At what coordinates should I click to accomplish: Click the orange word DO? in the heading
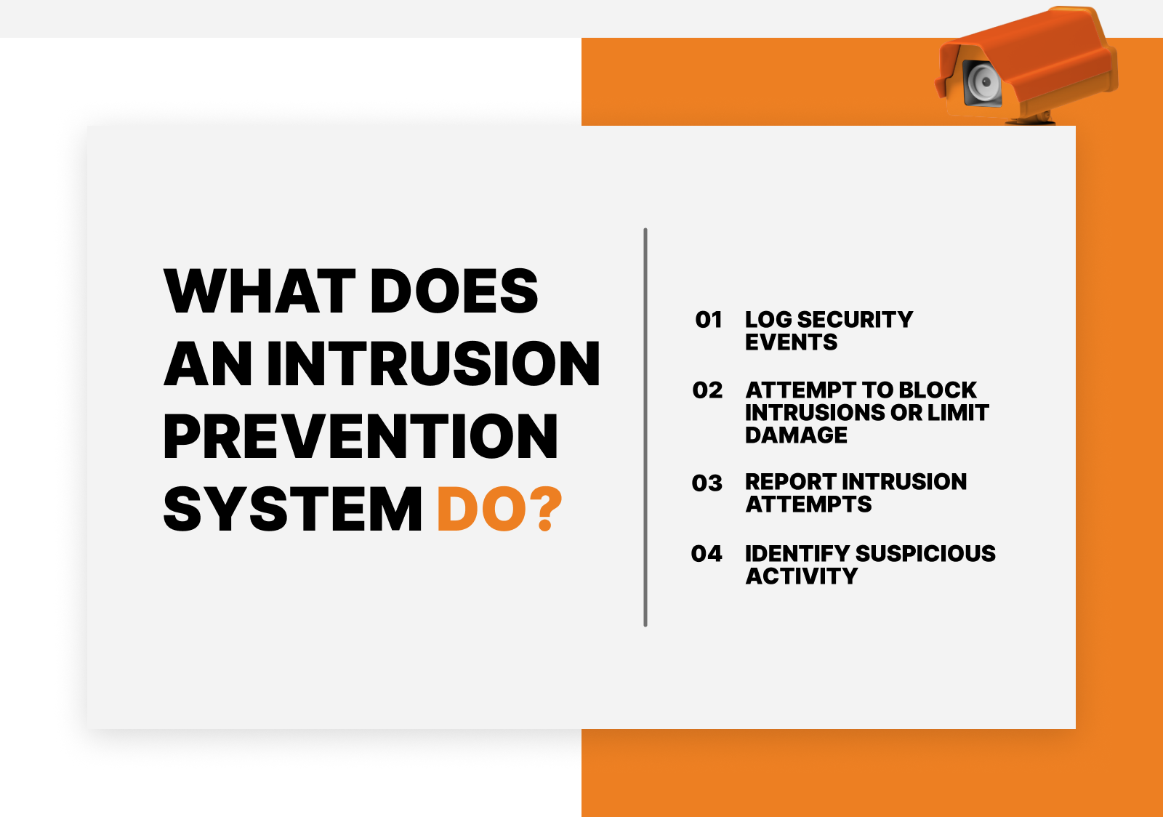tap(499, 509)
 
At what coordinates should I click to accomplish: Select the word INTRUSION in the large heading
tap(433, 363)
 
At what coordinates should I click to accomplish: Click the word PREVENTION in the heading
tap(361, 436)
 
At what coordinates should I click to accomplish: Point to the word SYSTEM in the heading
tap(293, 509)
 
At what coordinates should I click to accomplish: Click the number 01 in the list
tap(709, 320)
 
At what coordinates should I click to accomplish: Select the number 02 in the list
tap(707, 390)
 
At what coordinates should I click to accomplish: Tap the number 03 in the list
tap(707, 483)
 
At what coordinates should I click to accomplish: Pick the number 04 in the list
tap(707, 554)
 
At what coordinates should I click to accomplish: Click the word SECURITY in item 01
tap(855, 320)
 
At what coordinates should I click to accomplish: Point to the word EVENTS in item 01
tap(792, 342)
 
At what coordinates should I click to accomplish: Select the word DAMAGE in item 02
tap(796, 435)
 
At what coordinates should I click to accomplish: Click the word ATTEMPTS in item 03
tap(808, 504)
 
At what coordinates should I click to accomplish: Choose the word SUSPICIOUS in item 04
tap(925, 554)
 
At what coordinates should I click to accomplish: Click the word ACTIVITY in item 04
tap(802, 576)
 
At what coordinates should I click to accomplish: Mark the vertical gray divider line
tap(645, 427)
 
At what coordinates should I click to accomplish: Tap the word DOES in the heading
tap(454, 291)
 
